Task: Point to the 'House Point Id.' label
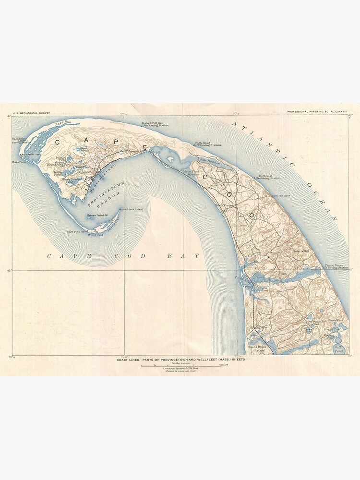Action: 96,216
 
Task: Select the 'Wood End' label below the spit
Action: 94,235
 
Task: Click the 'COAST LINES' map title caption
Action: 181,360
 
